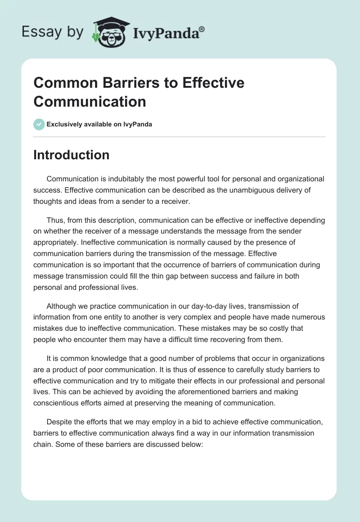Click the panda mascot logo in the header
tap(108, 32)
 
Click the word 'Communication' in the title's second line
tap(90, 101)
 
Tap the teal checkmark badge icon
tap(39, 124)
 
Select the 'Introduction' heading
tap(71, 155)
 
